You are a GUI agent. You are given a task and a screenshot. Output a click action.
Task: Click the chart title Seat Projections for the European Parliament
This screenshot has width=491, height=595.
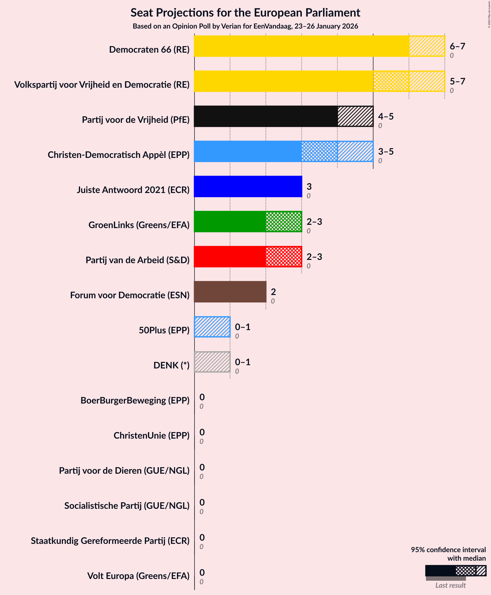coord(245,13)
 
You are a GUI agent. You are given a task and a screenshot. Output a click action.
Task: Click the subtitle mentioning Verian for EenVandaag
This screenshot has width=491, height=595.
coord(245,26)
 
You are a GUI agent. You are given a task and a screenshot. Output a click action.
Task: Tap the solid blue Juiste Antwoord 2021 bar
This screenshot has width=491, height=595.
coord(248,186)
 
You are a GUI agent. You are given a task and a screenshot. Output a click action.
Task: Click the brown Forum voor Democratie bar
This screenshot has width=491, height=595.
coord(230,292)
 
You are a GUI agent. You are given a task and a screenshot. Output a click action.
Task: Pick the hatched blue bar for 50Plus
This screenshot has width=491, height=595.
coord(212,327)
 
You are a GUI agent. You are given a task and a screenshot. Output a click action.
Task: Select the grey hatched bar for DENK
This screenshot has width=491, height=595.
coord(212,362)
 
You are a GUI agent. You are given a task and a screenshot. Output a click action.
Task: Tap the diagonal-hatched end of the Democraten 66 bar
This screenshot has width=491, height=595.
coord(426,46)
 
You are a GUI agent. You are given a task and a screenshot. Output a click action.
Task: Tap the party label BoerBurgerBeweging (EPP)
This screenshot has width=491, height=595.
coord(135,400)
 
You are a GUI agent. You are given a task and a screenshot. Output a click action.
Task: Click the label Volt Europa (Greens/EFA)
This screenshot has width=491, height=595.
coord(138,576)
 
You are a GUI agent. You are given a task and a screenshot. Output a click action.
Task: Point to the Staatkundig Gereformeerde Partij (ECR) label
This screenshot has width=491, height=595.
coord(110,541)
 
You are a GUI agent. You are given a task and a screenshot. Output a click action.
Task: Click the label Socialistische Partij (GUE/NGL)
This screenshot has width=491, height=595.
coord(127,506)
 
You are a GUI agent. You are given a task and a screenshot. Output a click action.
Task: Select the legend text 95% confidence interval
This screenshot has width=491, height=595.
coord(448,550)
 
